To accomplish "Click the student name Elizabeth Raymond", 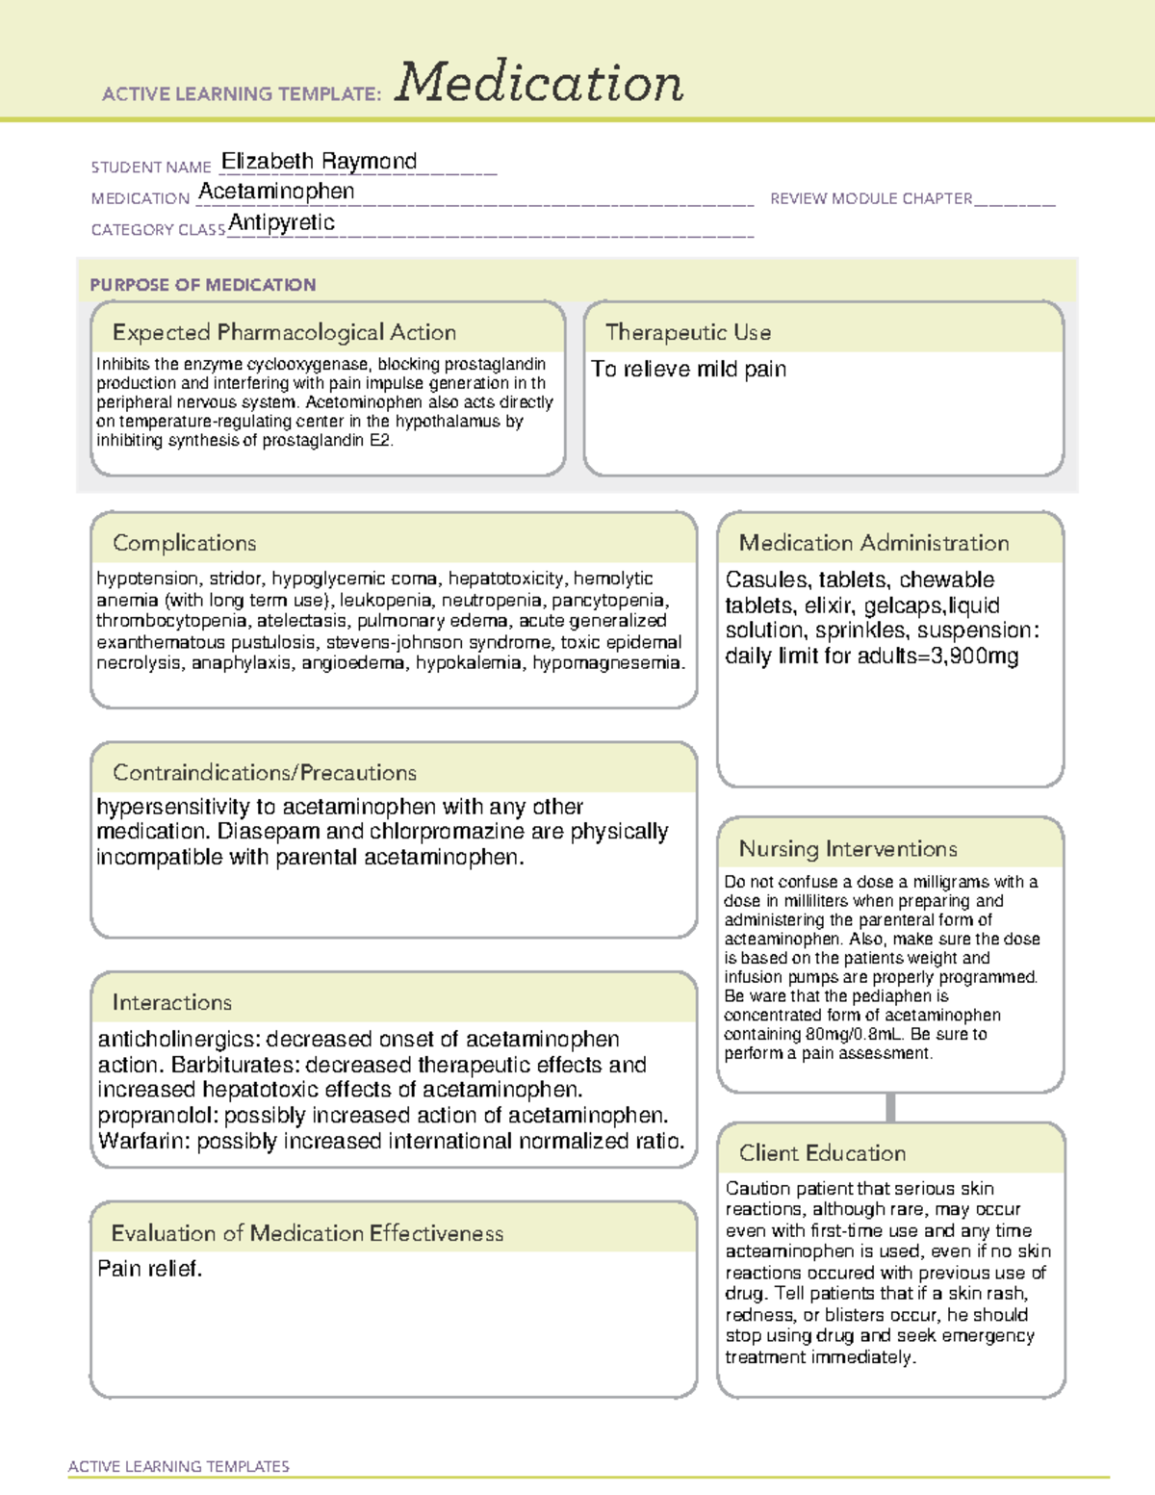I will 319,161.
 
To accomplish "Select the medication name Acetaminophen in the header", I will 276,192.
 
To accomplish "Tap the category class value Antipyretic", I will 282,223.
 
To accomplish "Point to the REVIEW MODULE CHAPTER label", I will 871,198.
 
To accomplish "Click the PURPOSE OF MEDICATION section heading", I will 202,285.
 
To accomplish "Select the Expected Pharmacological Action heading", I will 284,332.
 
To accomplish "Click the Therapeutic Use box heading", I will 688,332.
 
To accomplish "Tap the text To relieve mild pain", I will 688,370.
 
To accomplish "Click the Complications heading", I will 185,543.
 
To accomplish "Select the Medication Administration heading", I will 874,543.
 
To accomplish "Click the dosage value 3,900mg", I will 975,657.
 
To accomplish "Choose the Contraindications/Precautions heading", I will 265,773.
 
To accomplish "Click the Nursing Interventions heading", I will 848,849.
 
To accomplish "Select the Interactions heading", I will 172,1003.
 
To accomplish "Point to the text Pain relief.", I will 150,1269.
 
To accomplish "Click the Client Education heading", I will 822,1153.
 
